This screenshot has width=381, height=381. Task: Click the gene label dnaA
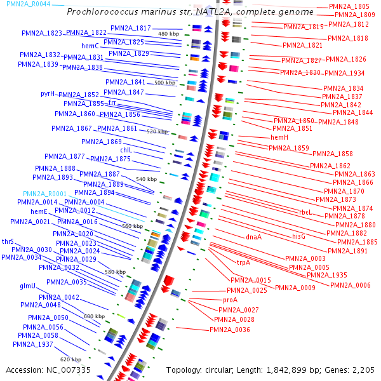[254, 237]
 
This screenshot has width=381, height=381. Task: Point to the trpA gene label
[244, 262]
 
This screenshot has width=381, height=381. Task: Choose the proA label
[231, 300]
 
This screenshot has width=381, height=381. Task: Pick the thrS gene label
[8, 242]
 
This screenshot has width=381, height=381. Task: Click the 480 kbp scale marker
[168, 34]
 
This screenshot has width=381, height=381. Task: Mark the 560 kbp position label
[132, 226]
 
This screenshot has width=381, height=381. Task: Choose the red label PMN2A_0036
[230, 330]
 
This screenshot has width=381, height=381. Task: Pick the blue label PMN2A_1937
[36, 344]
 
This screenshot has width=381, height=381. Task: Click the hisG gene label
[298, 236]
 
